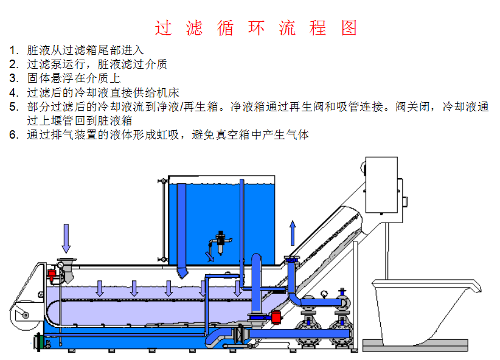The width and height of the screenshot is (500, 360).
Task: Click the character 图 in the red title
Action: coord(349,28)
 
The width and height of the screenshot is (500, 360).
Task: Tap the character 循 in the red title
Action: coord(225,28)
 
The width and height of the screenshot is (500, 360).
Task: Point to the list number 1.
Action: coord(13,50)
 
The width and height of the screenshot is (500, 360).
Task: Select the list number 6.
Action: coord(13,134)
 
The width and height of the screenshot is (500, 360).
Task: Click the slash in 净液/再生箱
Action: coord(181,106)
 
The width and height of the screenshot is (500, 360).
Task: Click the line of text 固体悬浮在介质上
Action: coord(74,78)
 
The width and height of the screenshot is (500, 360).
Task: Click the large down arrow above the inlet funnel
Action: coord(66,238)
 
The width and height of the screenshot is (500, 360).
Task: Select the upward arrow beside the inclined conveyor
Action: coord(293,233)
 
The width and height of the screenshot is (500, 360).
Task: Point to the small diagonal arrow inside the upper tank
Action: coord(209,257)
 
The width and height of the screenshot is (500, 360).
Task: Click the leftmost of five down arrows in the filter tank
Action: coord(100,288)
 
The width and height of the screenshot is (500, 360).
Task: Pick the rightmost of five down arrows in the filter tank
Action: coord(238,288)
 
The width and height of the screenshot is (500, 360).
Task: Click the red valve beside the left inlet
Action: coord(51,274)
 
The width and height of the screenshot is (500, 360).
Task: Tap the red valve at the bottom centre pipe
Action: coord(276,317)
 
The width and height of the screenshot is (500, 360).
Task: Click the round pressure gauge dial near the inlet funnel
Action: coord(60,265)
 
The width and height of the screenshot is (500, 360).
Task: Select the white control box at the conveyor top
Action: coord(381,185)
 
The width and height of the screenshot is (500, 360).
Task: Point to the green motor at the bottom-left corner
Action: coord(39,342)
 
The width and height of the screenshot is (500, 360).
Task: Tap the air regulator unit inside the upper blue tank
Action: coord(221,243)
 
